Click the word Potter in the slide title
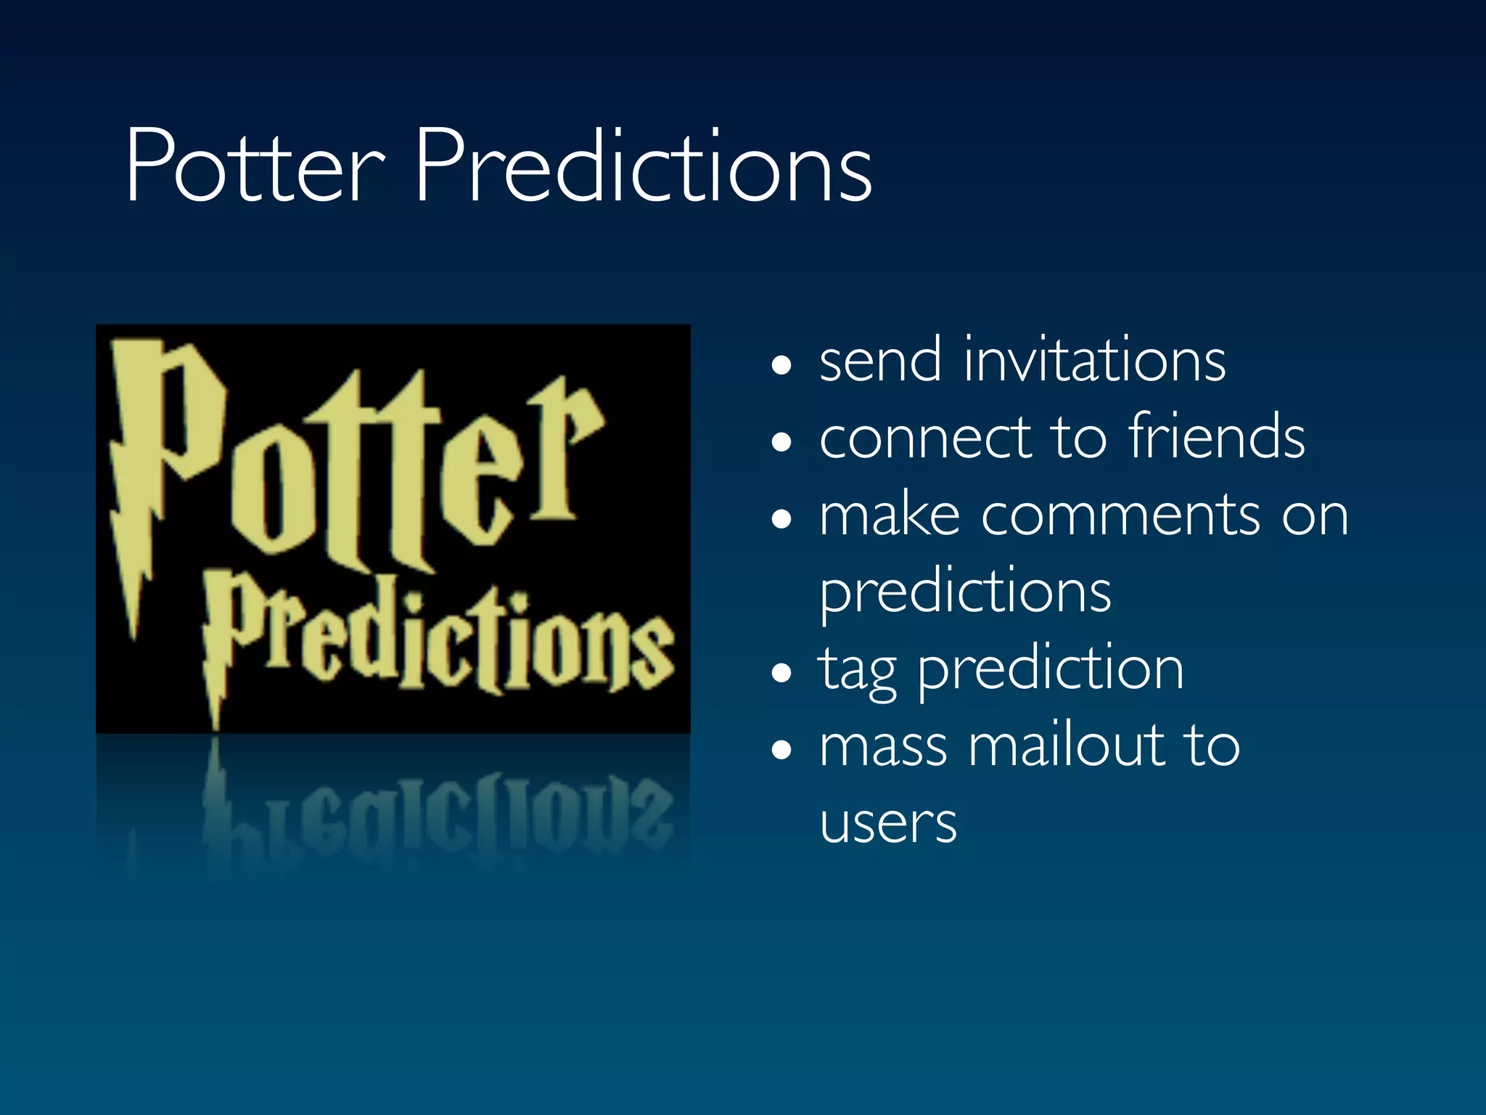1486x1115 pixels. pyautogui.click(x=254, y=167)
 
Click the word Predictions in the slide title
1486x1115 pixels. pyautogui.click(x=643, y=167)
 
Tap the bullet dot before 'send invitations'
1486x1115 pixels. pyautogui.click(x=781, y=365)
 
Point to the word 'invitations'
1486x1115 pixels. pyautogui.click(x=1094, y=361)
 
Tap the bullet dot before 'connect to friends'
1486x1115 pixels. pyautogui.click(x=781, y=442)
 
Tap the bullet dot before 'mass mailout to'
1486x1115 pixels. pyautogui.click(x=781, y=750)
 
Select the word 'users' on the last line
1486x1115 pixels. pyautogui.click(x=888, y=824)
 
